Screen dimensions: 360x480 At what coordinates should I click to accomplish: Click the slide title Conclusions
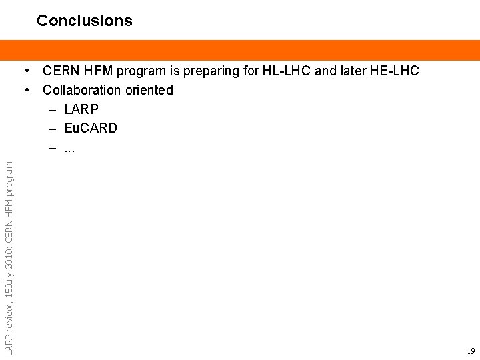point(85,21)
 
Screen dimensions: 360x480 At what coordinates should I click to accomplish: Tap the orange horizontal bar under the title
point(240,50)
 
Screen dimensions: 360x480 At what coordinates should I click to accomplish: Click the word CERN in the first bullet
point(62,71)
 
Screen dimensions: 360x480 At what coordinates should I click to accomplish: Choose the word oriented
point(149,90)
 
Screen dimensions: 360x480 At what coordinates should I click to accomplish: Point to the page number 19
point(471,351)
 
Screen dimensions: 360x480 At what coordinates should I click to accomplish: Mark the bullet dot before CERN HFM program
point(29,71)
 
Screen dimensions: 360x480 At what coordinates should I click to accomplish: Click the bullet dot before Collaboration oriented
point(29,90)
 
